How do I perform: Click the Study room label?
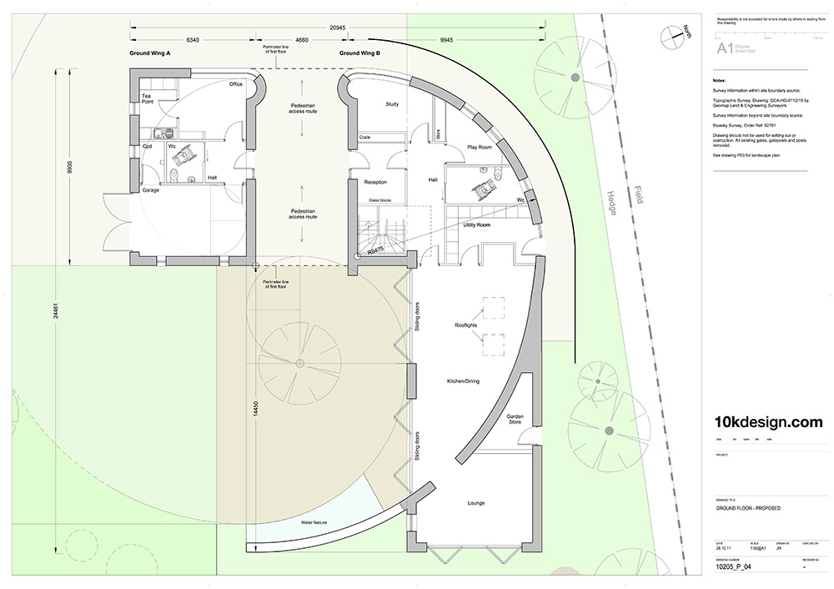(x=393, y=104)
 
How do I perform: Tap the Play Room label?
(x=479, y=147)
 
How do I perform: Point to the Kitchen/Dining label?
(x=467, y=380)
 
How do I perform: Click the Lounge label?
(x=475, y=503)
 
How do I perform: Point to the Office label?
(x=236, y=84)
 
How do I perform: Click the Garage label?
(x=150, y=190)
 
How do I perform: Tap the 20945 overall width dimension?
(x=339, y=28)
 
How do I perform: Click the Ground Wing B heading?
(x=359, y=53)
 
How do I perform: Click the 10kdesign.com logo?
(x=769, y=423)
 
